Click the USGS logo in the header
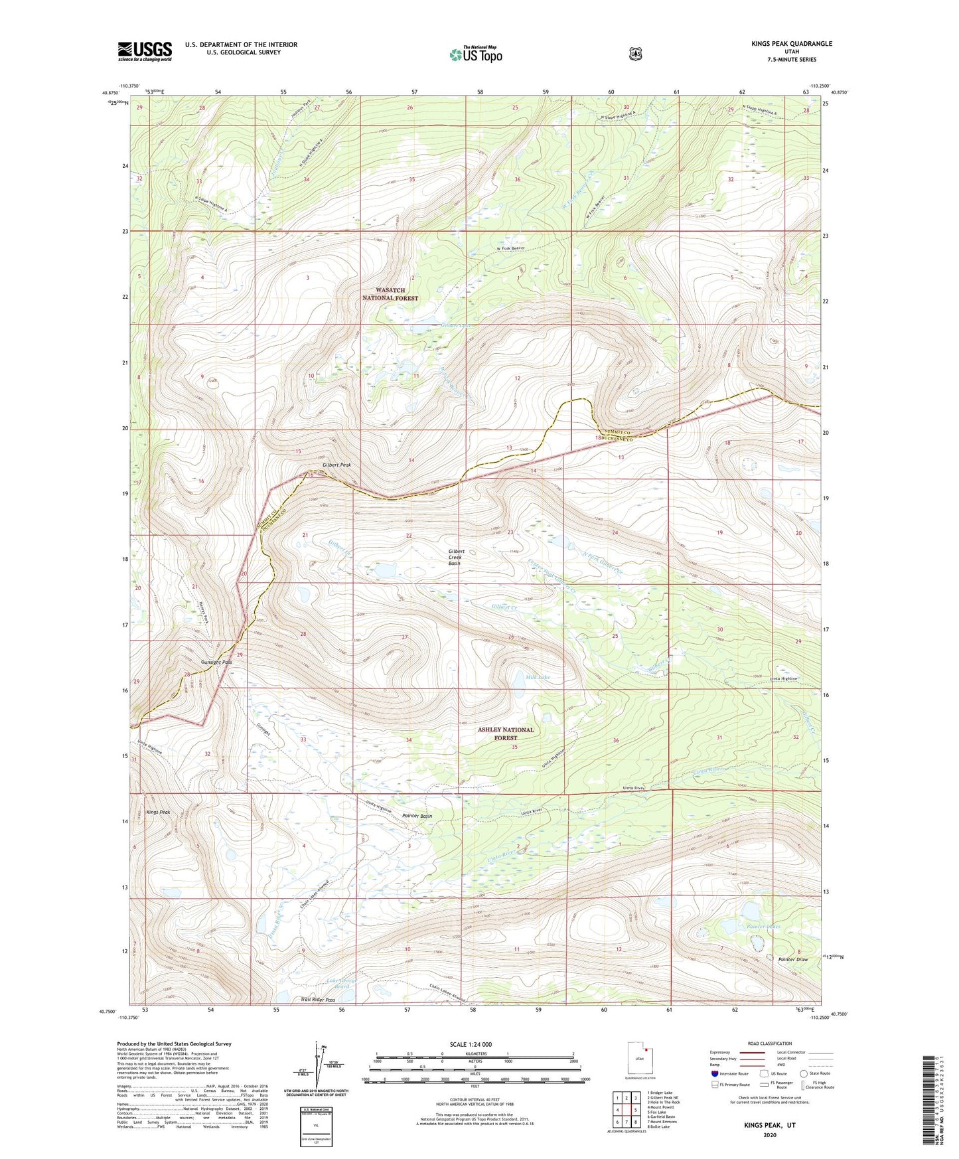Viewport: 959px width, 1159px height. click(x=145, y=51)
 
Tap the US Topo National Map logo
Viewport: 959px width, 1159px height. click(x=475, y=54)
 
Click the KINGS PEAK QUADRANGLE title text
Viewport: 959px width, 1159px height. click(x=791, y=44)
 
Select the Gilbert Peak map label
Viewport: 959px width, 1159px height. click(x=336, y=465)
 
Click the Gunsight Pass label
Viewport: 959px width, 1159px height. click(x=216, y=662)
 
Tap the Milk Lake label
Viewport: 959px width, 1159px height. click(x=538, y=677)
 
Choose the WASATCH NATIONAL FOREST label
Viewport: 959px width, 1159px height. click(x=390, y=294)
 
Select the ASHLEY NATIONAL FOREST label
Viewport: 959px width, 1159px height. click(x=505, y=734)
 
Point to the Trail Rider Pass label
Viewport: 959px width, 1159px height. click(x=317, y=1000)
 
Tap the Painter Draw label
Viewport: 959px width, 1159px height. click(x=792, y=959)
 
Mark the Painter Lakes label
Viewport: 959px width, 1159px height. click(x=763, y=926)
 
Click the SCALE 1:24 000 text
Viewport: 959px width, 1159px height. click(x=471, y=1044)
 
